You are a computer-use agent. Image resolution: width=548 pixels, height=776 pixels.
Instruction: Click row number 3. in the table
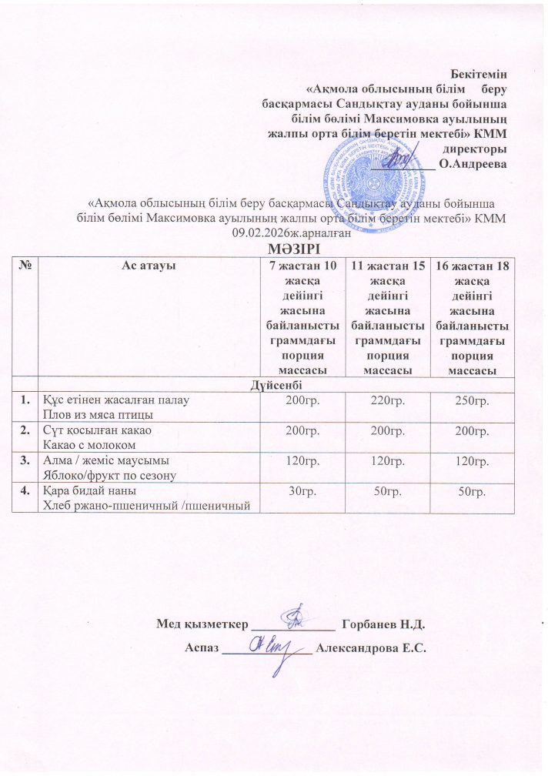[26, 460]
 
